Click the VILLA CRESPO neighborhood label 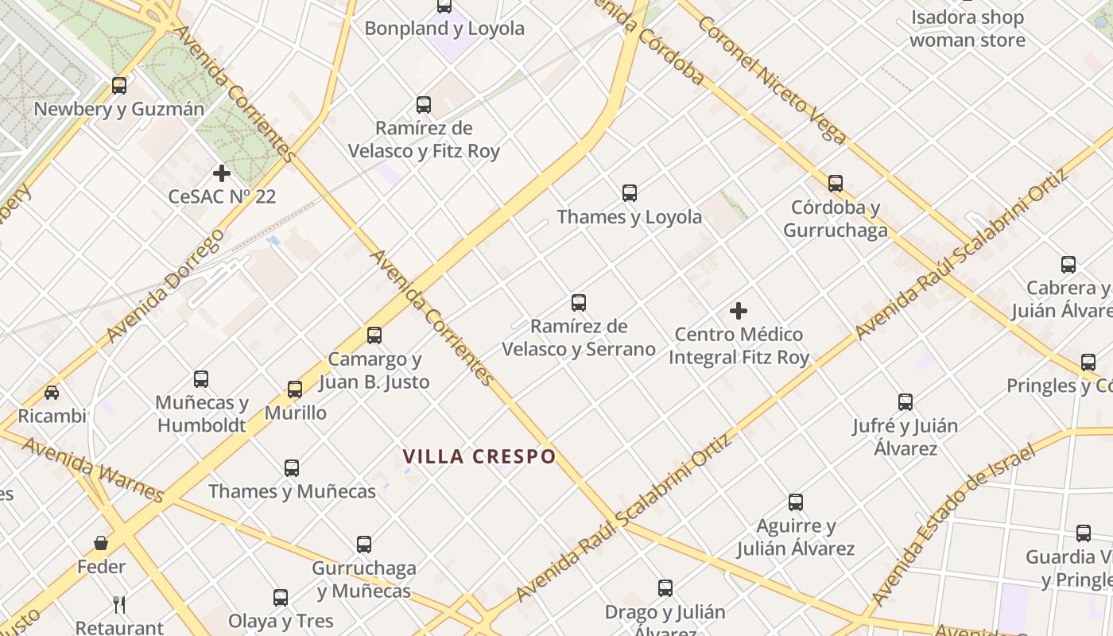coord(479,457)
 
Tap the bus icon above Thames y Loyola coord(630,193)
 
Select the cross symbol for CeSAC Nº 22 coord(222,173)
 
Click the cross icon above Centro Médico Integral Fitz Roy coord(739,311)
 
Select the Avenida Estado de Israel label coord(954,524)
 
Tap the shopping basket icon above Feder coord(101,543)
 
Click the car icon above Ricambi coord(52,393)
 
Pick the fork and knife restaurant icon coord(119,605)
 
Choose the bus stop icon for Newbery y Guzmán coord(119,86)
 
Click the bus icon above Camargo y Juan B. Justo coord(374,335)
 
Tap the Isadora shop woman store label coord(967,29)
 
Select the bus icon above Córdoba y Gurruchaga coord(836,184)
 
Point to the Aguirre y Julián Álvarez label coord(796,537)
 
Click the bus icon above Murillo coord(295,390)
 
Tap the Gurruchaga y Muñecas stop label coord(364,580)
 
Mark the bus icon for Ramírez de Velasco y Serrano coord(579,303)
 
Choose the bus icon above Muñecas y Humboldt coord(201,379)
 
